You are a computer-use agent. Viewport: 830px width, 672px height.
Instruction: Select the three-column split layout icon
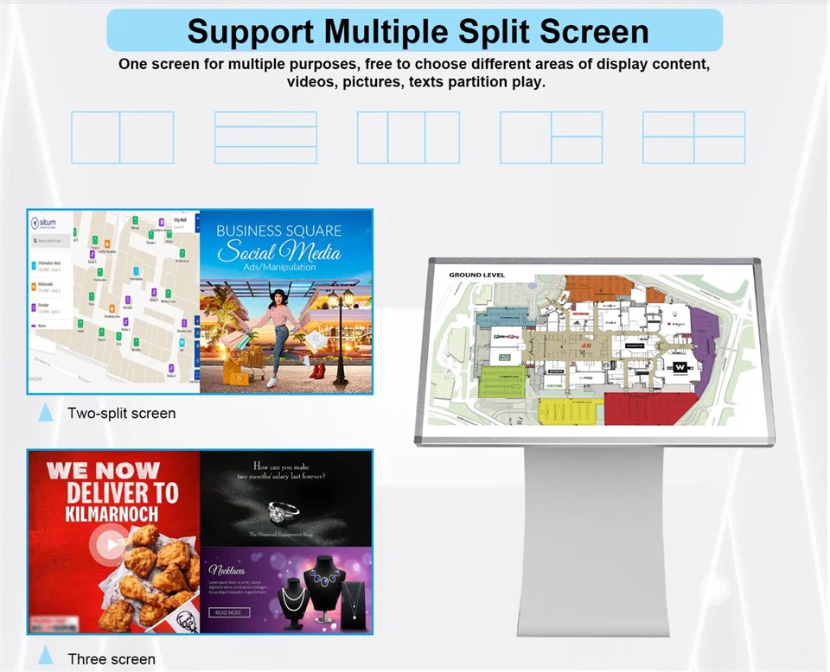pyautogui.click(x=409, y=137)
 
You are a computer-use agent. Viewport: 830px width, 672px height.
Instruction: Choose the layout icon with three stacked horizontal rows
pyautogui.click(x=265, y=137)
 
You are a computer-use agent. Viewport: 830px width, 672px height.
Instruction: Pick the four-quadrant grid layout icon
pyautogui.click(x=693, y=137)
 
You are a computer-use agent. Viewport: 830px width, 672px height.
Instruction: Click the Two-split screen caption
pyautogui.click(x=121, y=413)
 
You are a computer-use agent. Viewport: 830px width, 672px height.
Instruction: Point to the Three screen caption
pyautogui.click(x=112, y=659)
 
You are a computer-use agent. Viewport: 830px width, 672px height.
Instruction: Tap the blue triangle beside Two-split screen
pyautogui.click(x=46, y=413)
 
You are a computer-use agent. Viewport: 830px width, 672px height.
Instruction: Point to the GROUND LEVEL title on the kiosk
pyautogui.click(x=476, y=276)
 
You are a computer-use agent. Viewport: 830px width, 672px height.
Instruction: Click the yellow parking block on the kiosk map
pyautogui.click(x=568, y=409)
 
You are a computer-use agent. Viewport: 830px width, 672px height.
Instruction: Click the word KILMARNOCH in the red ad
pyautogui.click(x=101, y=514)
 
